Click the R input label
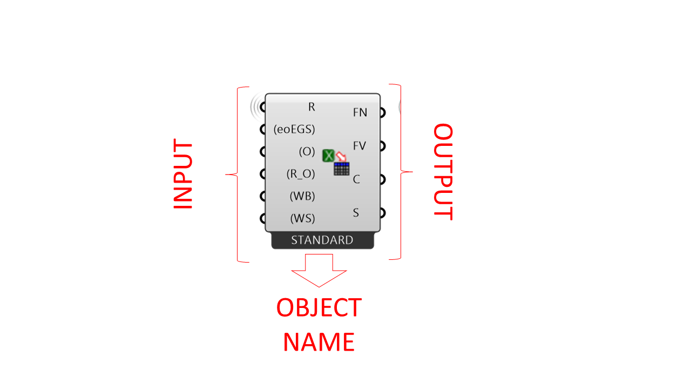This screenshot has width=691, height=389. pos(311,107)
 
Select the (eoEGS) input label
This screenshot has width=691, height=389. pos(294,130)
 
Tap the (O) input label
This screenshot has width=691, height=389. pos(307,152)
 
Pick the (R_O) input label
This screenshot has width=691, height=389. pos(300,174)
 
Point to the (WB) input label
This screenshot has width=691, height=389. pos(302,196)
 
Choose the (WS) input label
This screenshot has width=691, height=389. pos(302,219)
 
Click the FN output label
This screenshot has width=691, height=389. pos(360,112)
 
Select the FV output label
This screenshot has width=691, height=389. pos(360,146)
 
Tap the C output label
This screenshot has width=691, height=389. pos(356,179)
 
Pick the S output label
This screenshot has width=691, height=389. pos(356,213)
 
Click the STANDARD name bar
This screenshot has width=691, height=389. pos(322,240)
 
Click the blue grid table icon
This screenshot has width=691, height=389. pos(342,169)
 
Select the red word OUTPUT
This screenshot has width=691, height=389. pos(443,171)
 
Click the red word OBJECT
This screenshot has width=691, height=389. pos(319,308)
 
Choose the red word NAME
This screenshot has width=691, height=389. pos(319,342)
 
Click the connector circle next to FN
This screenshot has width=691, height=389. pos(382,112)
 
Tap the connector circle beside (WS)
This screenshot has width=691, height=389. pos(263,219)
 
